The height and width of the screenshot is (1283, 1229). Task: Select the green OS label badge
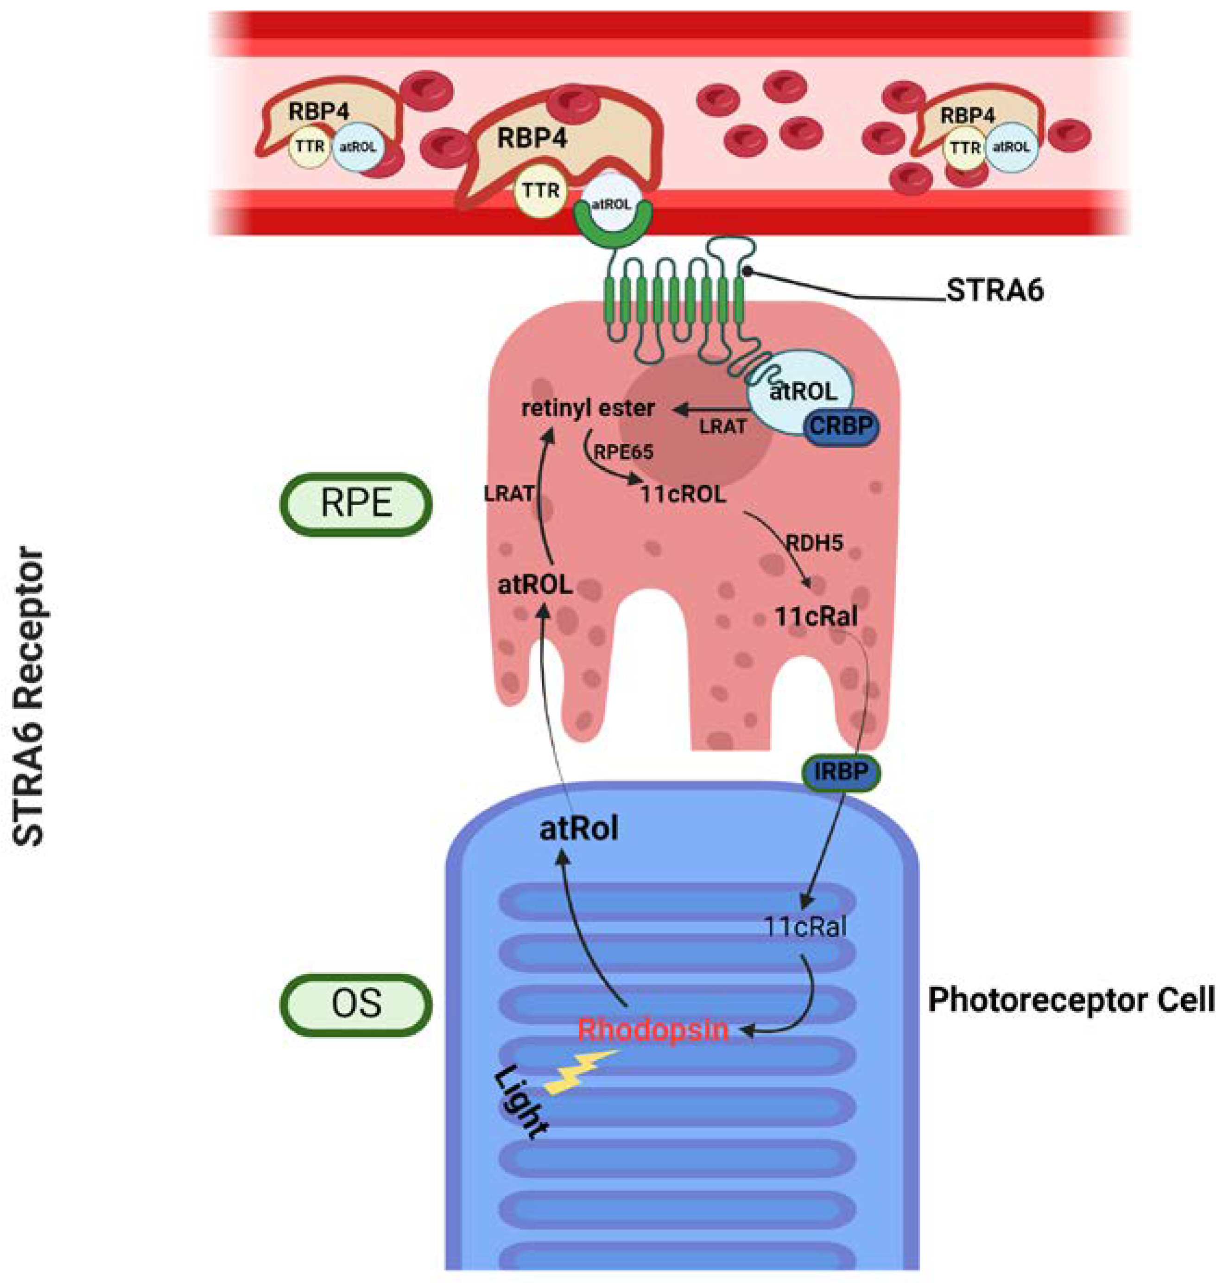coord(356,1004)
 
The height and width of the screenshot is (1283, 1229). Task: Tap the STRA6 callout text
coord(995,291)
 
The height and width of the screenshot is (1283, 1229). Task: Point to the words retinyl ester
coord(588,408)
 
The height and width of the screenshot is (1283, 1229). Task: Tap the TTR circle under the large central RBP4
coord(540,191)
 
